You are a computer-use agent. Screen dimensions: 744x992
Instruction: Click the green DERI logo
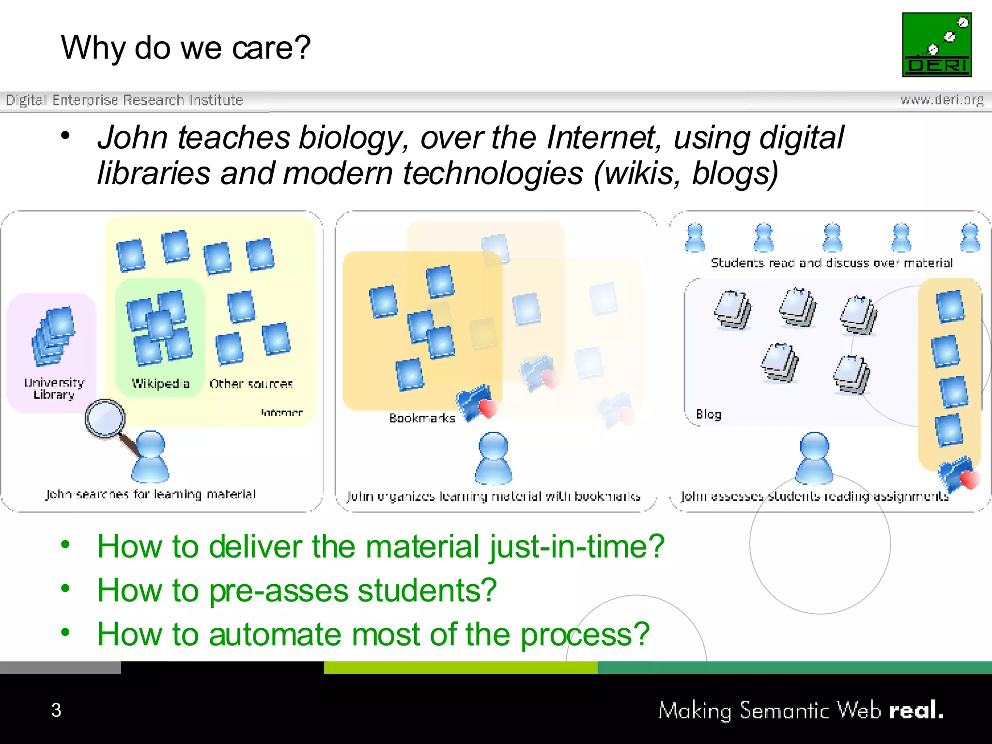tap(936, 45)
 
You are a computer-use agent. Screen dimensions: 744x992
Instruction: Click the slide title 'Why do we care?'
tap(186, 48)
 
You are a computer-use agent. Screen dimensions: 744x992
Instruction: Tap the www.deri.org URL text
tap(942, 100)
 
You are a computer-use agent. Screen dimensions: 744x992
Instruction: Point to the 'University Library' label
tap(54, 388)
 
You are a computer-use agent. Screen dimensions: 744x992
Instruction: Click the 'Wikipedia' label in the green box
tap(160, 384)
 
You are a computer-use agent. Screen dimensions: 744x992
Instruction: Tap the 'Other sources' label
tap(251, 384)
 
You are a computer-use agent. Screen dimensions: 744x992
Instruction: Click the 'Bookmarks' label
tap(422, 418)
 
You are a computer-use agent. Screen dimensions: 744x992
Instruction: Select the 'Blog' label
tap(708, 414)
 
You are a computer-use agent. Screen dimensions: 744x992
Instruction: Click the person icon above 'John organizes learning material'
tap(493, 458)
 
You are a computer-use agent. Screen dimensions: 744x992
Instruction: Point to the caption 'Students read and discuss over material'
tap(831, 263)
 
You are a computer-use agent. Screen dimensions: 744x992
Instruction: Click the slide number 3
tap(56, 710)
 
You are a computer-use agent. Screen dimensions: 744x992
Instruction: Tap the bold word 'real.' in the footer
tap(915, 710)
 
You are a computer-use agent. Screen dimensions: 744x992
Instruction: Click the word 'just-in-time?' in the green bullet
tap(576, 546)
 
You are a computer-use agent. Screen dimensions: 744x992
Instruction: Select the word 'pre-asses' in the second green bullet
tap(279, 590)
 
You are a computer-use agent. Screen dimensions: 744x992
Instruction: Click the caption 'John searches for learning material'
tap(150, 494)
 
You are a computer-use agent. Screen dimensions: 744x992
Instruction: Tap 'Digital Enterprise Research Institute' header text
tap(124, 100)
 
